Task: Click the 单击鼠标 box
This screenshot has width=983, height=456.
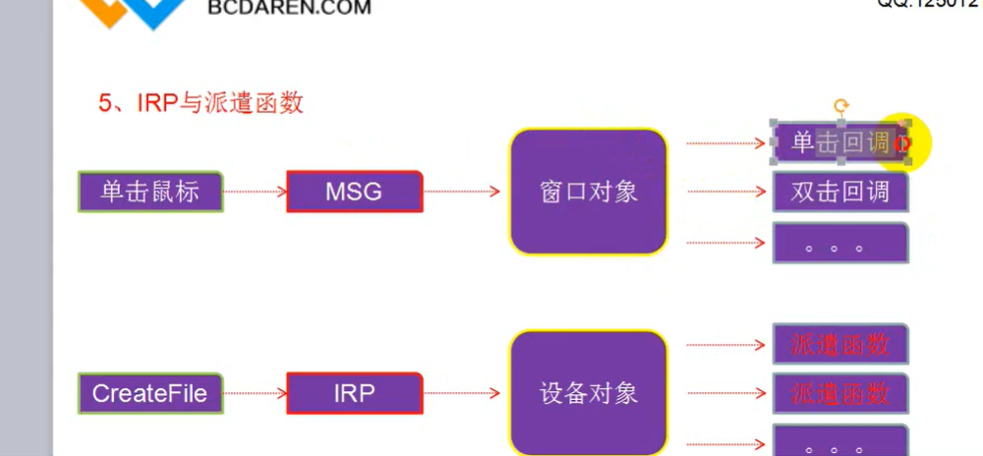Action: (150, 192)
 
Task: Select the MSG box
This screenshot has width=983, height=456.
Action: (354, 192)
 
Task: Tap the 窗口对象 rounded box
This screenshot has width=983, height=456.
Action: (588, 192)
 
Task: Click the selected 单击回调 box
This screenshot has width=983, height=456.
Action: (839, 143)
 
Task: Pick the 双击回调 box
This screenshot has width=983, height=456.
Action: (839, 193)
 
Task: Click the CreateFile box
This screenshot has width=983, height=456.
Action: (150, 393)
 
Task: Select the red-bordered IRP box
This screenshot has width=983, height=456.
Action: (354, 393)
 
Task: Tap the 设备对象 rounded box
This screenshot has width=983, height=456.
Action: (588, 394)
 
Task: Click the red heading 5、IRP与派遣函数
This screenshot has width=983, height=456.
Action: (201, 103)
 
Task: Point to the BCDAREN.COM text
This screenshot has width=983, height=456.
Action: (290, 9)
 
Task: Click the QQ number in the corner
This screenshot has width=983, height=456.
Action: (929, 5)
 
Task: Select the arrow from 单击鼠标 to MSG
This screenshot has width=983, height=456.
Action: (254, 192)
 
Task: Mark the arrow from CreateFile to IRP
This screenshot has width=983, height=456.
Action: (254, 393)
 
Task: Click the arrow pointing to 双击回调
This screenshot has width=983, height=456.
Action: (725, 193)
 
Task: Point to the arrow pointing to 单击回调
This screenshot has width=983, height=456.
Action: (725, 143)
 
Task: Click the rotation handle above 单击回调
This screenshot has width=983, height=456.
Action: (840, 105)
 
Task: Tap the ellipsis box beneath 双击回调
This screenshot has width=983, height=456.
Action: (839, 243)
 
